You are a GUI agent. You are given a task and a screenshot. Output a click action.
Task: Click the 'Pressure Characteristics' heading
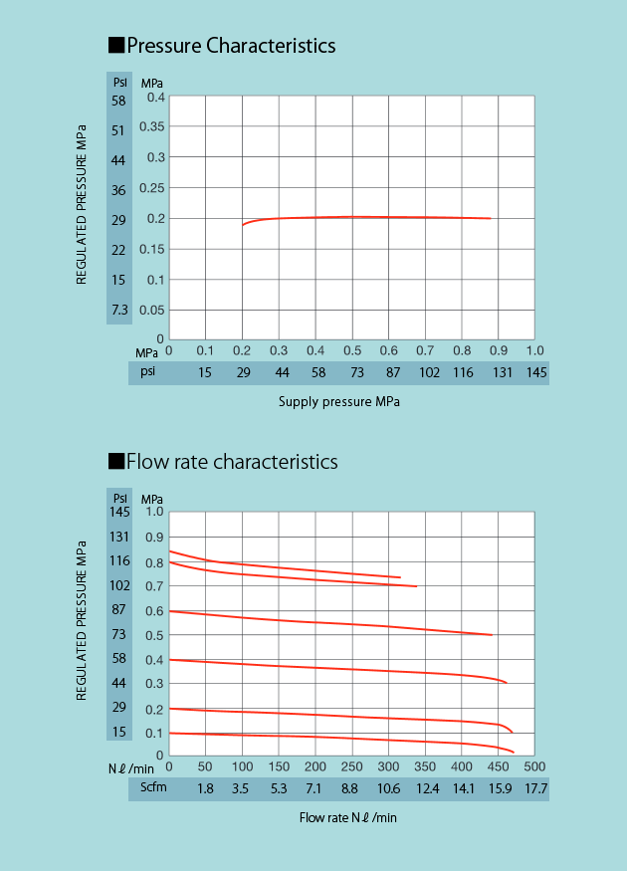tap(231, 46)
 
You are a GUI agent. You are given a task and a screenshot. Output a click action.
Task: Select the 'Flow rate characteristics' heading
tap(232, 462)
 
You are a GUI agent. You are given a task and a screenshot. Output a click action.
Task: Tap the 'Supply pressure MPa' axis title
tap(338, 402)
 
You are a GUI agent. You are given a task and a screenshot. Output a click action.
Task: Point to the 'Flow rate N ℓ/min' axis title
tap(348, 817)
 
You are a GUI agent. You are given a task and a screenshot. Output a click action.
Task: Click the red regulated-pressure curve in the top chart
tap(398, 217)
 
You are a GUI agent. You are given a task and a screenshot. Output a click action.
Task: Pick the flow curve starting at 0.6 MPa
tap(328, 623)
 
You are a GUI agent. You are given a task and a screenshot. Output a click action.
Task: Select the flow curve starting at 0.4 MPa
tap(328, 669)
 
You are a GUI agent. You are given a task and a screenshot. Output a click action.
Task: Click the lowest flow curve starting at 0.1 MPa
tap(328, 739)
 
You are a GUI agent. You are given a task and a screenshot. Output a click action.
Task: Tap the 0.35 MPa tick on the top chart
tap(152, 127)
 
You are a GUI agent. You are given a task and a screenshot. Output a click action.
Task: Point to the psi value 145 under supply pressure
tap(536, 372)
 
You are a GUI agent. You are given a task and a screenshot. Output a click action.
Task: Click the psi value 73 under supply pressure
tap(352, 372)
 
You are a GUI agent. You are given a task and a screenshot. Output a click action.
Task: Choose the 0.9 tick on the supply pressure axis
tap(499, 350)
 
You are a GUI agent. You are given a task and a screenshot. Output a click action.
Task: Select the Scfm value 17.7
tap(536, 789)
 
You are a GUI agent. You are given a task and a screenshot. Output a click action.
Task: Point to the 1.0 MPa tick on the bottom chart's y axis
tap(153, 513)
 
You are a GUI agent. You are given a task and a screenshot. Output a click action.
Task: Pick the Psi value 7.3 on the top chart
tap(119, 310)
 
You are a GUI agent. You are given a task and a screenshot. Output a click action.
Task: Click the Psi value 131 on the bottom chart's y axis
tap(119, 538)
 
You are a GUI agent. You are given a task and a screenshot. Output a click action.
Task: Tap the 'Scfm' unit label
tap(154, 789)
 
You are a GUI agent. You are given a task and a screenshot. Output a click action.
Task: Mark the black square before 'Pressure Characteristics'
tap(115, 46)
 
